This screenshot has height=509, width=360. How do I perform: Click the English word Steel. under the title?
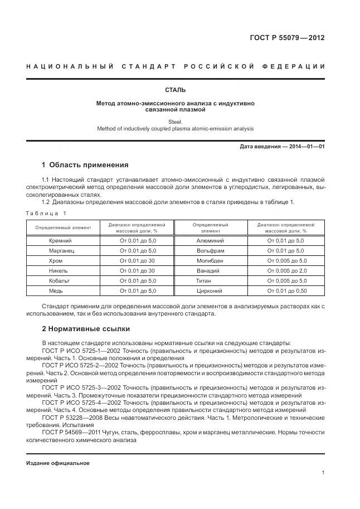click(x=175, y=121)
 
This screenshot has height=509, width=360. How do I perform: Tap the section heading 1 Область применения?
click(x=85, y=165)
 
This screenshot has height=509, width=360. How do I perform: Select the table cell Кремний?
click(x=61, y=240)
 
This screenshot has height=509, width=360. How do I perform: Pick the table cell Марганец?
click(x=61, y=251)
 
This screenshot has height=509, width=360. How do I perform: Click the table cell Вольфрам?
click(x=210, y=251)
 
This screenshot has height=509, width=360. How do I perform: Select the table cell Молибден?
click(x=210, y=260)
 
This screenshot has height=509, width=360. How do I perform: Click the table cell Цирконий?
click(x=210, y=290)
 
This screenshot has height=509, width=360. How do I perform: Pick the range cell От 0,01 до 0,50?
click(x=287, y=290)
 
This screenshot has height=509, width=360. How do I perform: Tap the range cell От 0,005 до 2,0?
click(x=287, y=270)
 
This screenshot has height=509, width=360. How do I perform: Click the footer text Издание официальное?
click(x=58, y=463)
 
